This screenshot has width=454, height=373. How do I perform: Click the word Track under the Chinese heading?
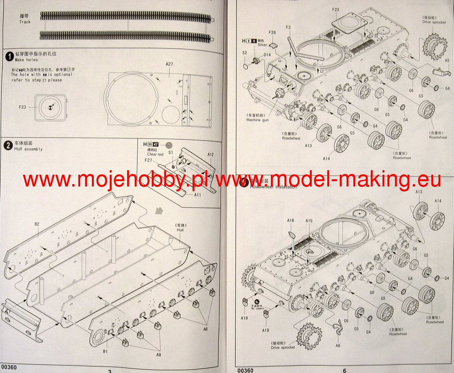pos(25,22)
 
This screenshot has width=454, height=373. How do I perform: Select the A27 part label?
pos(169,64)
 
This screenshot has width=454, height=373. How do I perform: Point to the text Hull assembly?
pos(28,149)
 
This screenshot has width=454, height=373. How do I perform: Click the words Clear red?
pos(155,154)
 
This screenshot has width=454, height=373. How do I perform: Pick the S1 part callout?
pos(170,152)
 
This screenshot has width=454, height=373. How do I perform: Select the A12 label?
pos(211,154)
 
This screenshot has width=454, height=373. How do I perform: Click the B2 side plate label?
pos(37,224)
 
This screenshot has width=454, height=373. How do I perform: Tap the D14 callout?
pos(267,55)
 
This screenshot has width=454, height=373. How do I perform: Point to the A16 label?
pos(291,220)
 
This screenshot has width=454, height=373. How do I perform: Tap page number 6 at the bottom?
pos(345,371)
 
